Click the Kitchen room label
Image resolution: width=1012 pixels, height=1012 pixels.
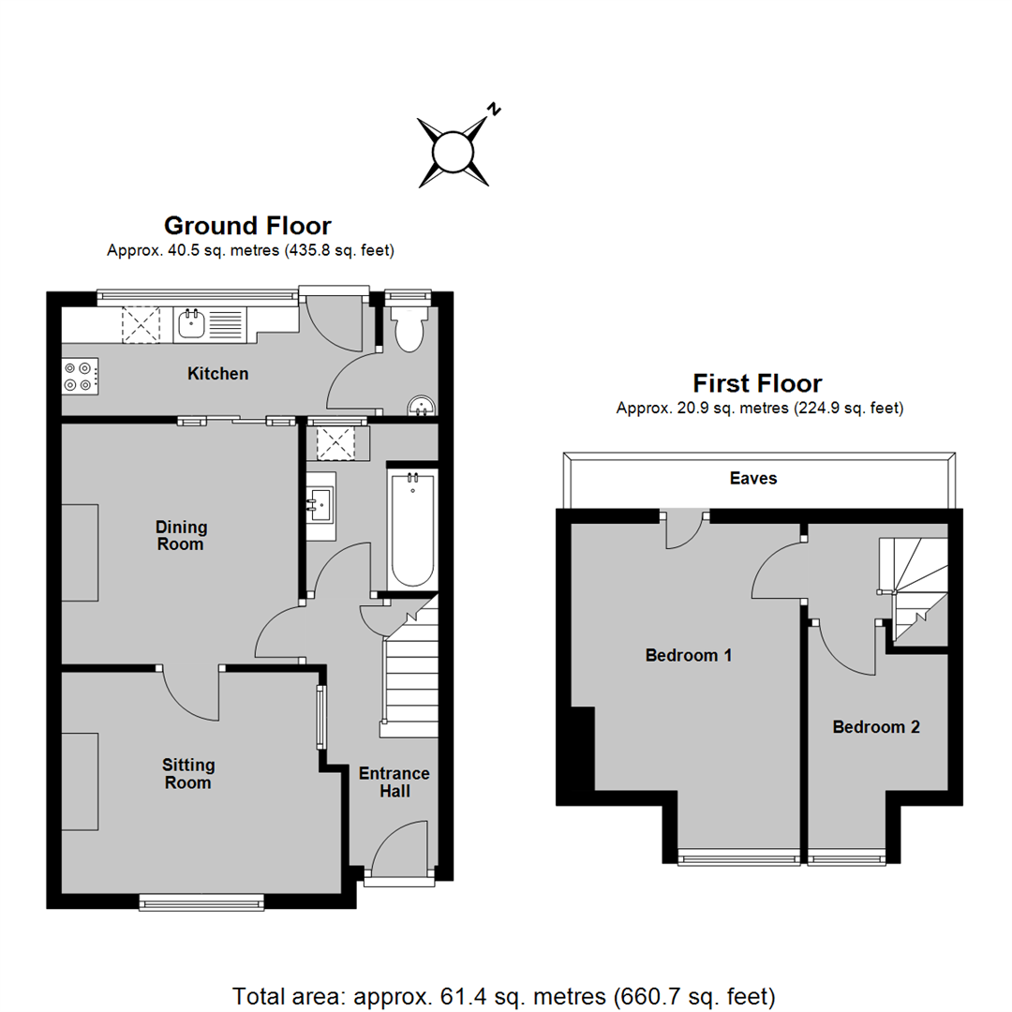tap(217, 374)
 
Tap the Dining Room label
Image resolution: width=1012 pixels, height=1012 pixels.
tap(181, 536)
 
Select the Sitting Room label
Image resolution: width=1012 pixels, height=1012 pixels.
tap(187, 774)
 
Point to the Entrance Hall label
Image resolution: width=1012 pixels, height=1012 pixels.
tap(394, 782)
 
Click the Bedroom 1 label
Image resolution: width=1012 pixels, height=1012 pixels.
tap(688, 656)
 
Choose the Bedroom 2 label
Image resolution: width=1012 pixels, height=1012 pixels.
tap(876, 727)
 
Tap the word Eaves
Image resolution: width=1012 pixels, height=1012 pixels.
tap(753, 478)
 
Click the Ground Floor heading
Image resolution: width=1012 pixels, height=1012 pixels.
tap(247, 226)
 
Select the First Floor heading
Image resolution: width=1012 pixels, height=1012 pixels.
tap(757, 383)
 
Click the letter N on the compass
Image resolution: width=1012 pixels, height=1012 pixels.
tap(494, 109)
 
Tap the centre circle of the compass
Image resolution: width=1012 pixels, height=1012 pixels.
tap(454, 153)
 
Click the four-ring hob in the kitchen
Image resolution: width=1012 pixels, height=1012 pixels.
tap(80, 377)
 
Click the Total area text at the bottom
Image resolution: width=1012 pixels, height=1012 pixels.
tap(503, 996)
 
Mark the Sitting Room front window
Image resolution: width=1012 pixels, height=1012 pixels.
tap(202, 901)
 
